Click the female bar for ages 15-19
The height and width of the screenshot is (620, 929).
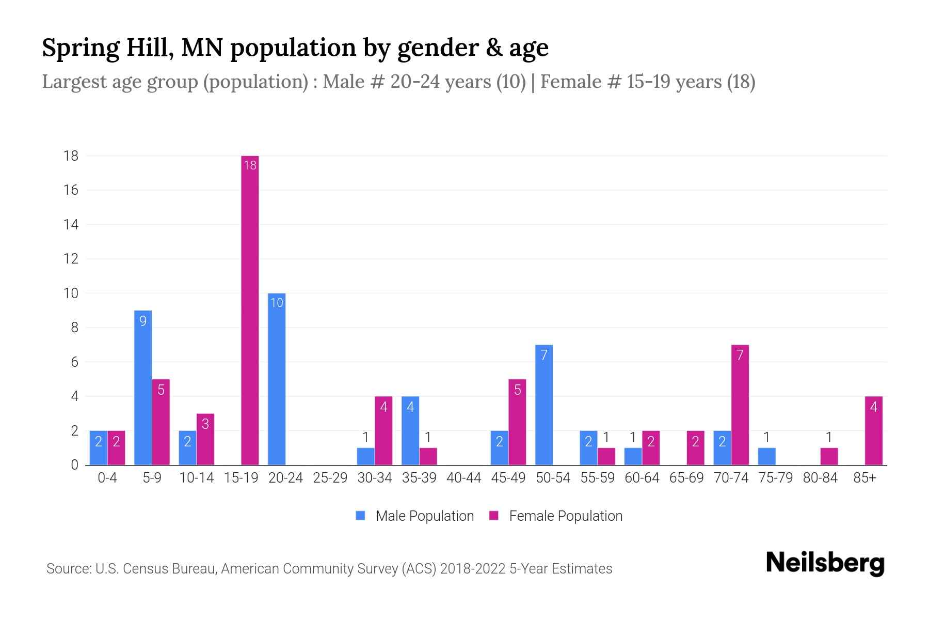(250, 310)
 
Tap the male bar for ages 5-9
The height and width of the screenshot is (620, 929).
(143, 388)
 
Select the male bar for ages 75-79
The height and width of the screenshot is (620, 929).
(766, 456)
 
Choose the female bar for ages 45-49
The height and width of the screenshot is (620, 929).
(517, 422)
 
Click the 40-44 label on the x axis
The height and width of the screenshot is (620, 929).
(463, 478)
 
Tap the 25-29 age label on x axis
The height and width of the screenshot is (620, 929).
(330, 478)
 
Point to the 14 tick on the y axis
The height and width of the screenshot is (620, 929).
(71, 224)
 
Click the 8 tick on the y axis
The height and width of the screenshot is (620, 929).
(74, 328)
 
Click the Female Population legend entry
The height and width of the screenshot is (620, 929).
(556, 516)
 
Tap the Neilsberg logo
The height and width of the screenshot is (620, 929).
(825, 563)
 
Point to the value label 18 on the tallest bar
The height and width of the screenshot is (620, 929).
(250, 165)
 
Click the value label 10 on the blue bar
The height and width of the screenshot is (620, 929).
(277, 303)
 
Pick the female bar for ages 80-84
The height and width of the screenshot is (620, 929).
(829, 456)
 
